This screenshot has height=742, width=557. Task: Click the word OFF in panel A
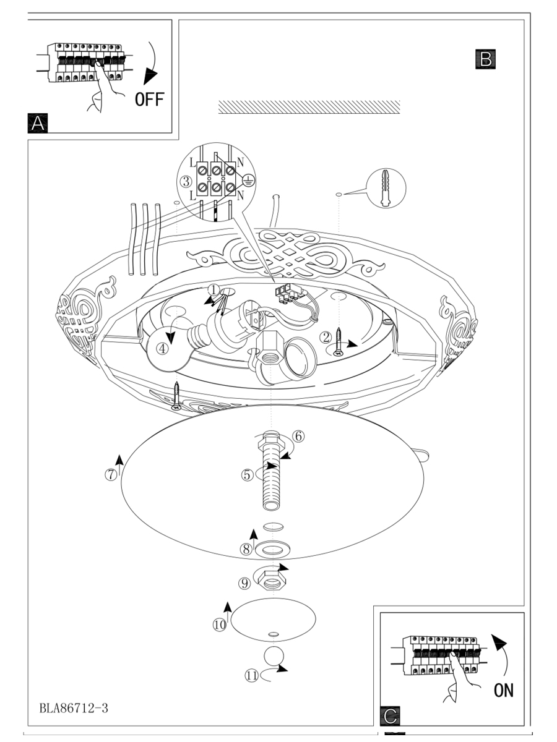coord(150,99)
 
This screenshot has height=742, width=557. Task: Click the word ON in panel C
coord(503,690)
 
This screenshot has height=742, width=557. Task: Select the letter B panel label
coord(486,59)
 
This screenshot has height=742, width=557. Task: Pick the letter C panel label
coord(390,715)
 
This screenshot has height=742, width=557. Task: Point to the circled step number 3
coord(186,182)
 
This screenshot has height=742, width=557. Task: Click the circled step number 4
coord(162,348)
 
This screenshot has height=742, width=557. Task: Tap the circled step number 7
coord(110,475)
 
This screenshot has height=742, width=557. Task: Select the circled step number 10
coord(220,625)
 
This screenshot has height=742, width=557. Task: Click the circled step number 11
coord(251,676)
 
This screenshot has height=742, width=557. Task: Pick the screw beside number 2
coord(339,343)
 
